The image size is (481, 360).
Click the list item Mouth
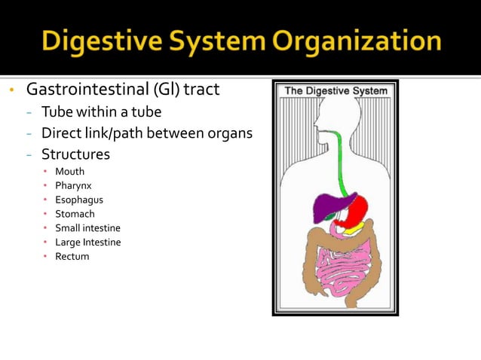click(69, 172)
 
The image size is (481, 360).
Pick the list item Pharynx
click(73, 185)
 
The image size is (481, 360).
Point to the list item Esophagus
click(78, 200)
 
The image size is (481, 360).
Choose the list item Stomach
click(75, 214)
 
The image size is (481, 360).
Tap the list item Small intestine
click(87, 228)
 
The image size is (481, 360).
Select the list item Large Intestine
click(87, 243)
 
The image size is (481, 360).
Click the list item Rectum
click(72, 257)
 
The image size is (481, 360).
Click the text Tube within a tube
click(101, 112)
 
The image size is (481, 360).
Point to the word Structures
click(75, 154)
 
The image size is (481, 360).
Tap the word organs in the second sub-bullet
click(231, 133)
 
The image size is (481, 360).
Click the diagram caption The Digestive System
click(335, 91)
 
